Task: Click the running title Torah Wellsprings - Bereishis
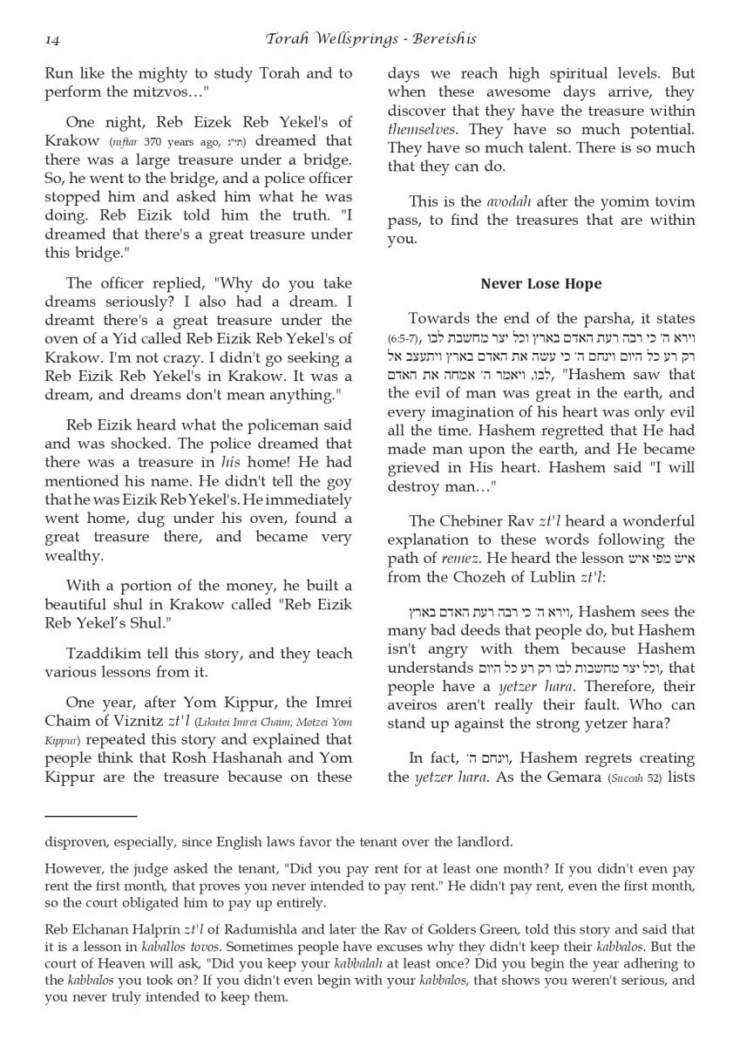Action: point(369,39)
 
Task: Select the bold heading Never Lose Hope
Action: point(540,284)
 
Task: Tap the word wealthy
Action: point(73,556)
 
